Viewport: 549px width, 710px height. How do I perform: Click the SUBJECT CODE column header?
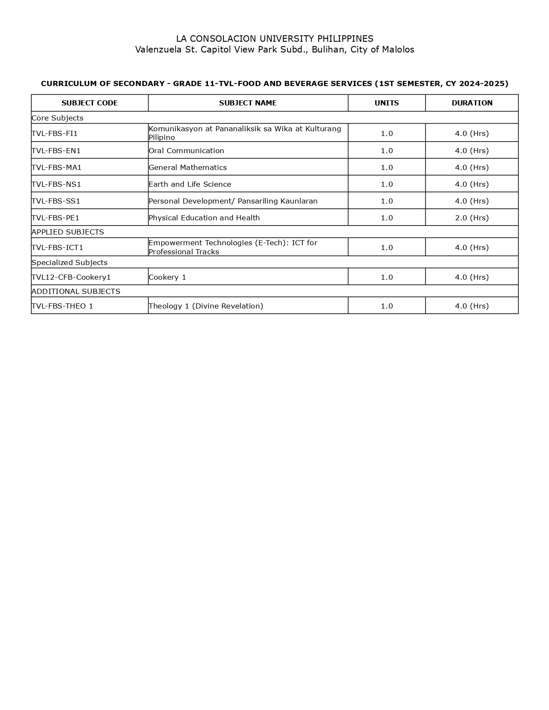click(x=90, y=103)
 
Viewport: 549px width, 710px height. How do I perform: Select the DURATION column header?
click(x=472, y=103)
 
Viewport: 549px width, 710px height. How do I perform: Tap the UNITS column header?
click(x=387, y=103)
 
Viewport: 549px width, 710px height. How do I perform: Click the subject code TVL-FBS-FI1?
click(x=55, y=133)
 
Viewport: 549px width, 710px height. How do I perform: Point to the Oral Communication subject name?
click(x=186, y=151)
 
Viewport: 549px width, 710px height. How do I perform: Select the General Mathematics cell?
click(x=188, y=167)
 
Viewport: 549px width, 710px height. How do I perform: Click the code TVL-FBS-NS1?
click(x=56, y=184)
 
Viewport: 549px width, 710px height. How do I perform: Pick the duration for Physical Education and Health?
click(x=472, y=218)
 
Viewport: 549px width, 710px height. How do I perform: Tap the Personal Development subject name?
click(x=233, y=201)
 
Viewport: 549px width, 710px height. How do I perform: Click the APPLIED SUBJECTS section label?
click(x=68, y=232)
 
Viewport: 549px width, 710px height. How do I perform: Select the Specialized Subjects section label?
click(x=70, y=262)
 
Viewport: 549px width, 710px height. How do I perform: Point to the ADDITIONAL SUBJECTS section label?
click(x=76, y=291)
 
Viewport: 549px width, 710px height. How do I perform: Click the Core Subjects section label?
click(x=58, y=118)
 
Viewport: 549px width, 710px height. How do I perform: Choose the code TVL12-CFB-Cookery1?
click(x=71, y=277)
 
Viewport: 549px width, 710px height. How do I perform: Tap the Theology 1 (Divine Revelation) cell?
click(x=206, y=306)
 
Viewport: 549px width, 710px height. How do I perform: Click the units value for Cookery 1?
click(x=387, y=277)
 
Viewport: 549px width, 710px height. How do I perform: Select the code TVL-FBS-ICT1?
click(x=58, y=247)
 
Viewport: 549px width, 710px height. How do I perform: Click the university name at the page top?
click(x=275, y=39)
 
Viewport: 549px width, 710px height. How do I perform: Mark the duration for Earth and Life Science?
click(x=472, y=184)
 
